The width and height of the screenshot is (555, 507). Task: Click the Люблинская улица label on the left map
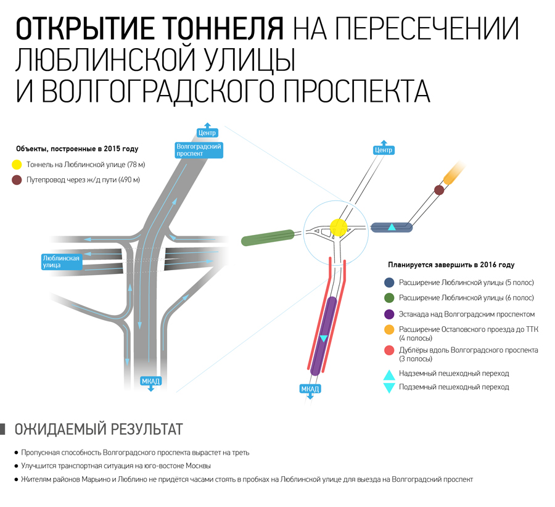coord(61,262)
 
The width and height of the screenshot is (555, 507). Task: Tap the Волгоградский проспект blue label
coord(199,150)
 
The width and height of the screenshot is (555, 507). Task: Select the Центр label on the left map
coord(207,133)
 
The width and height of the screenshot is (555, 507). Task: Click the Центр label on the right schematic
coord(384,150)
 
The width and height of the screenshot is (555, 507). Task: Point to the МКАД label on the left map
coord(151,382)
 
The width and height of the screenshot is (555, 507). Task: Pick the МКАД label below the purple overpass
coord(310,389)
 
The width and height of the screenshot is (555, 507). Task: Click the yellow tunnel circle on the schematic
coord(339,228)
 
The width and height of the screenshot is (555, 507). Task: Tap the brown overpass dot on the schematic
coord(439,190)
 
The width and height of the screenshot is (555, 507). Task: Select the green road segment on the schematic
coord(268,237)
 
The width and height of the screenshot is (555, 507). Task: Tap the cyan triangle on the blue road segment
coord(392,227)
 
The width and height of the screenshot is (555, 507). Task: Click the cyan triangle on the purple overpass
coord(323,339)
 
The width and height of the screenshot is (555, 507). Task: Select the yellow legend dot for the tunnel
coord(17,165)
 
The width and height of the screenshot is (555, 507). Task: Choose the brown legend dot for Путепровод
coord(17,180)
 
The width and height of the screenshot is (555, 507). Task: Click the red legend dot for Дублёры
coord(389,350)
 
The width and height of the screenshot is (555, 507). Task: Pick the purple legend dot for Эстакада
coord(389,314)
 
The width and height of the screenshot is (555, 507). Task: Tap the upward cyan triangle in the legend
coord(389,375)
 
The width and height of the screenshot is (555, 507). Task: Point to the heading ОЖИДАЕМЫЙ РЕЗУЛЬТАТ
coord(99,429)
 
